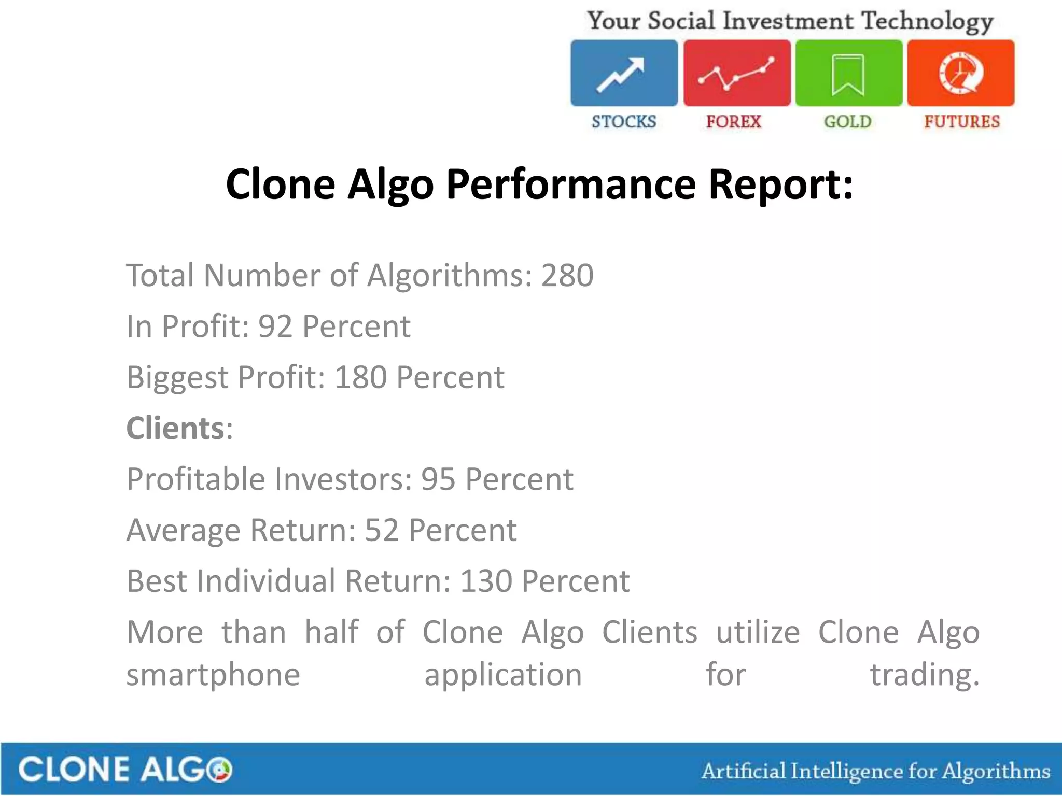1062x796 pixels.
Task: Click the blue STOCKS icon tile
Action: [x=624, y=73]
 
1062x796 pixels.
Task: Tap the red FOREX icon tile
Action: [x=736, y=73]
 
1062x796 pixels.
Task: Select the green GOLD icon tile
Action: [x=848, y=73]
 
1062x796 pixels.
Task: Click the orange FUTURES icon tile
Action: [x=961, y=73]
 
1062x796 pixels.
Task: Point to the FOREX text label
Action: [x=733, y=122]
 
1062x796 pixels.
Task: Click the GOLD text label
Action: [x=847, y=122]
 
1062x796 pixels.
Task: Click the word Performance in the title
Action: [x=571, y=184]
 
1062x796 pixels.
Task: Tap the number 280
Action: [x=567, y=275]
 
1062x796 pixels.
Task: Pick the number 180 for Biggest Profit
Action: [x=361, y=377]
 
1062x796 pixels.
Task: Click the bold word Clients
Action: [x=175, y=429]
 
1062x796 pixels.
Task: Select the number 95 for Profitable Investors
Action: [x=438, y=479]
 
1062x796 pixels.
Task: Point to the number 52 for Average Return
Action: [x=382, y=530]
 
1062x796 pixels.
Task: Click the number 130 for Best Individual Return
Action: [x=486, y=581]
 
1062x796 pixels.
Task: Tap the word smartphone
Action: [x=213, y=675]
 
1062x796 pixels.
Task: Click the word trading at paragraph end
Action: [x=924, y=675]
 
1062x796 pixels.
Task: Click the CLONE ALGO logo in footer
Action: [x=125, y=769]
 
